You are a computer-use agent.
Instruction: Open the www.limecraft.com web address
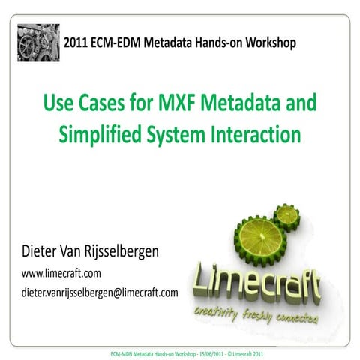coord(56,274)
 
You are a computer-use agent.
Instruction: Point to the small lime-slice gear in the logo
coord(286,217)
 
